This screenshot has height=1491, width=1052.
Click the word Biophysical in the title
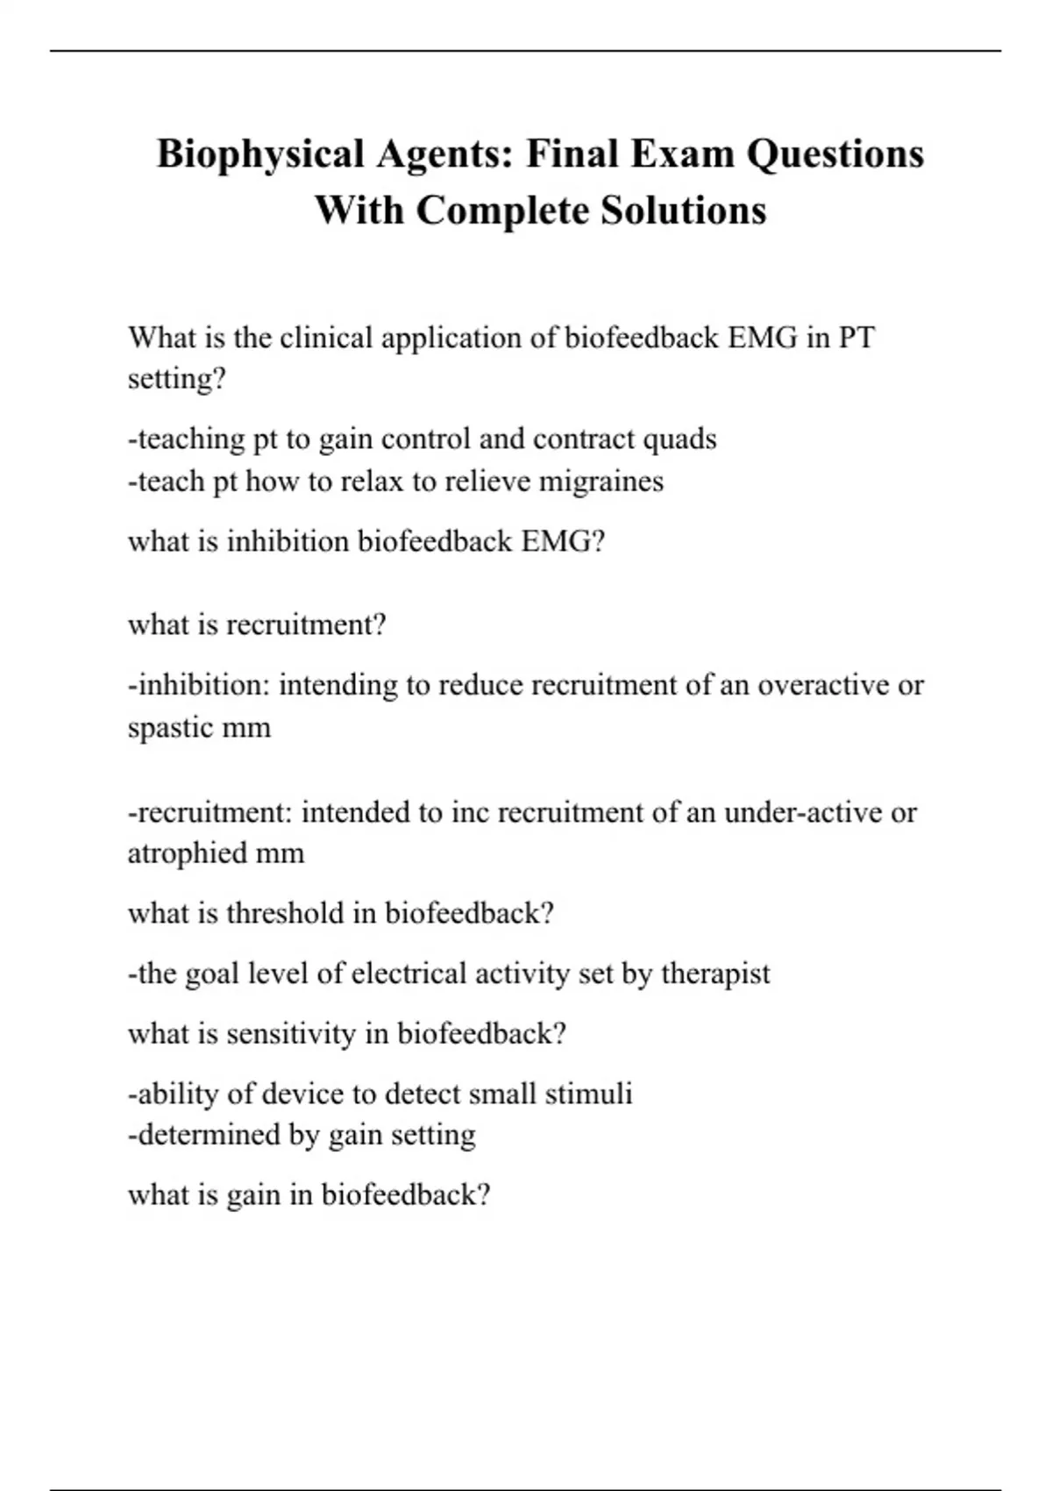(x=260, y=154)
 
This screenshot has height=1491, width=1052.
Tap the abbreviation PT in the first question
(x=857, y=338)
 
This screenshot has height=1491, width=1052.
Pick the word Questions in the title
(x=835, y=154)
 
